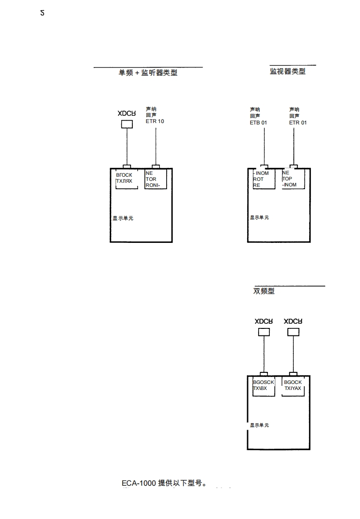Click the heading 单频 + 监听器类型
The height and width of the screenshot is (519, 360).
point(148,73)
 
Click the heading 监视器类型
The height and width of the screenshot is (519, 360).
point(287,71)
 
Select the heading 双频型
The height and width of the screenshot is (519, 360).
point(264,291)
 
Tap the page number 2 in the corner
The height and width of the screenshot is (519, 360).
point(43,13)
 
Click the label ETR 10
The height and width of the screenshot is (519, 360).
point(155,122)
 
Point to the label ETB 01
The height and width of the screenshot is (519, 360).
point(258,123)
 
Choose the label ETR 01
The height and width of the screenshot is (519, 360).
point(298,123)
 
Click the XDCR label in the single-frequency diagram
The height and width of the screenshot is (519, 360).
point(126,113)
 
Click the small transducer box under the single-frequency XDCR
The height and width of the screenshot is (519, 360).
point(127,124)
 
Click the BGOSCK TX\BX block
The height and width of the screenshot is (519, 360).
point(263,386)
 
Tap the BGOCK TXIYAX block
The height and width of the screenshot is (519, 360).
point(292,386)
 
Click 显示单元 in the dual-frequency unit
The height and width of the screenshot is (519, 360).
point(259,425)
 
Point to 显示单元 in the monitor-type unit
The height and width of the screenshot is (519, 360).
point(259,217)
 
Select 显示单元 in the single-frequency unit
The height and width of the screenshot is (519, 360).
point(123,218)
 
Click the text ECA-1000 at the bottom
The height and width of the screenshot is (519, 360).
point(139,483)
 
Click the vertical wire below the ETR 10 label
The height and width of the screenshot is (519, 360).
point(156,146)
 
